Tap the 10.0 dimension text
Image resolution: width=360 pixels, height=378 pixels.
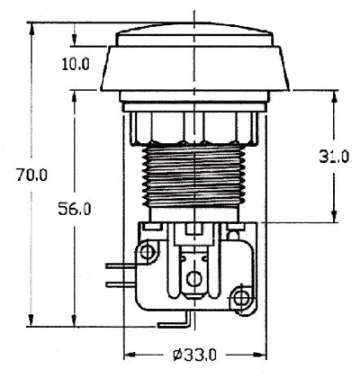click(x=76, y=64)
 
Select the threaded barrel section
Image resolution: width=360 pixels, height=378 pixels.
click(x=193, y=176)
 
